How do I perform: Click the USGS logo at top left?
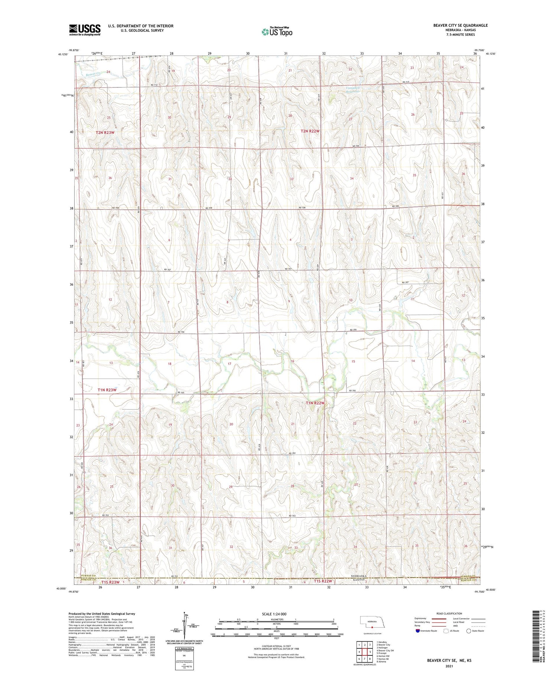coord(85,30)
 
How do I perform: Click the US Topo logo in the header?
coord(277,32)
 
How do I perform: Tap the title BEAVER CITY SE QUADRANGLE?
coord(460,25)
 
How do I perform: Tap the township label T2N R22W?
coord(310,131)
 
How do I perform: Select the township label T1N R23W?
coord(107,390)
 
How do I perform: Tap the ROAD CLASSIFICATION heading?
coord(449,613)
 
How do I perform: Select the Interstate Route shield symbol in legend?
coord(418,631)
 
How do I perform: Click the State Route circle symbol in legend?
coord(469,631)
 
